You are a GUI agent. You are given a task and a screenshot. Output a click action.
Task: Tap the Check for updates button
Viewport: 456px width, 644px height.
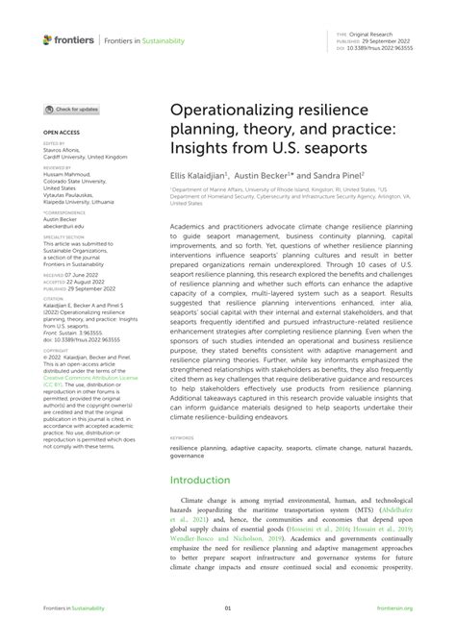tap(71, 110)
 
